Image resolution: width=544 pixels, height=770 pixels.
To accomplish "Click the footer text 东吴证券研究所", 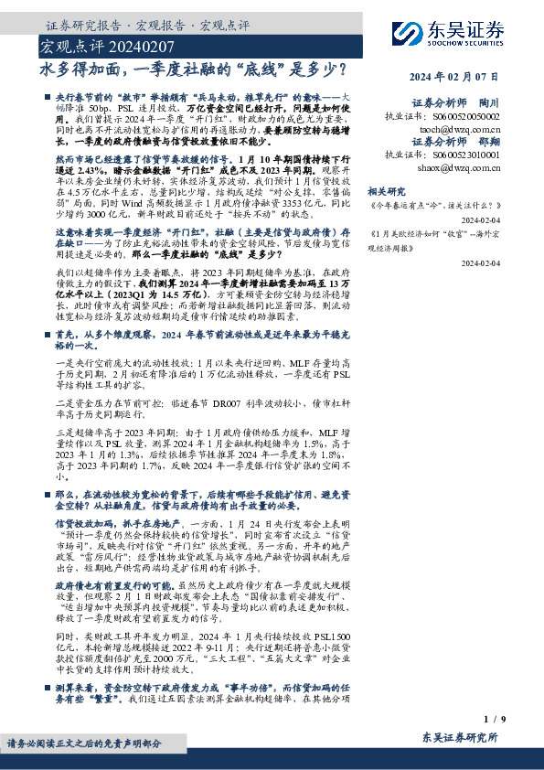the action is [x=461, y=736].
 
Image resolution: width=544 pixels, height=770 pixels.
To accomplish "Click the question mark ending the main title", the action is [x=340, y=67].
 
